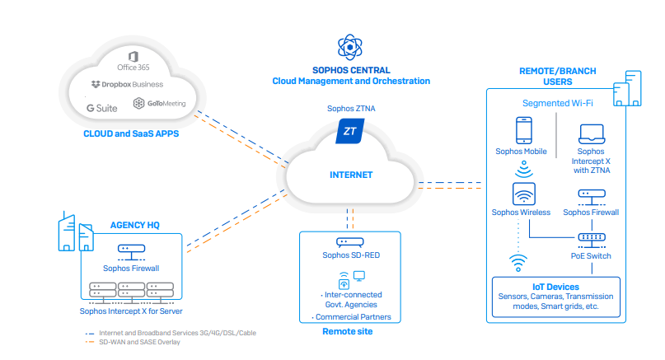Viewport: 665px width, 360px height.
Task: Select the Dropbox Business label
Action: [127, 84]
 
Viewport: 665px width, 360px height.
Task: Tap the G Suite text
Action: [101, 106]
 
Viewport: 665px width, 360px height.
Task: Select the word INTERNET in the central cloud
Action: [351, 175]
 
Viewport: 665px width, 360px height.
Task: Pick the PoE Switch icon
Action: [592, 237]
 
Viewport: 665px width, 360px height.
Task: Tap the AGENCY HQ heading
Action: [134, 224]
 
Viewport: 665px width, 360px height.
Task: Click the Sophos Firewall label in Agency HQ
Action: [131, 268]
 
